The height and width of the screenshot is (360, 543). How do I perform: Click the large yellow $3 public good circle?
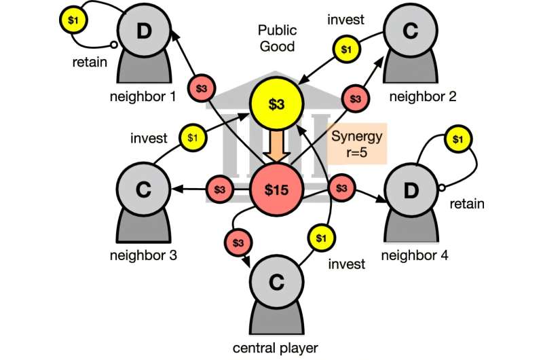click(x=276, y=104)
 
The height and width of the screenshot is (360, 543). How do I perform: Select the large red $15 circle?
click(x=276, y=190)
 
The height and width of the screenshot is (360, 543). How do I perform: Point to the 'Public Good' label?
click(x=276, y=38)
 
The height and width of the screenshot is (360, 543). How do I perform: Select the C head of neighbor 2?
click(x=409, y=31)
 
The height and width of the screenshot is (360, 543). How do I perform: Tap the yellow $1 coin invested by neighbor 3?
click(x=192, y=137)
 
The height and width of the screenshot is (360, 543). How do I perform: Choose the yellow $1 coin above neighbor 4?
click(x=459, y=139)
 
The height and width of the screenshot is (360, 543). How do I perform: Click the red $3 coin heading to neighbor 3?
click(x=219, y=190)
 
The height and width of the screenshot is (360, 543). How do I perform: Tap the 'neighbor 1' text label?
click(x=143, y=97)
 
